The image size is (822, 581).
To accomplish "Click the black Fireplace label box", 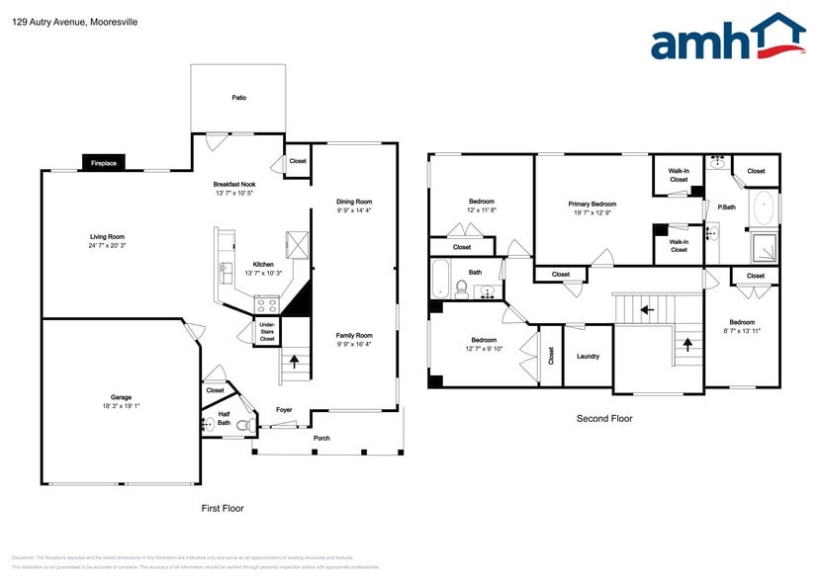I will [104, 163].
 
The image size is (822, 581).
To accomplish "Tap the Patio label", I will [238, 98].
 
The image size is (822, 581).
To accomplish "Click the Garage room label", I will [121, 397].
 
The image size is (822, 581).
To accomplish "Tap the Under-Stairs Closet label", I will [267, 332].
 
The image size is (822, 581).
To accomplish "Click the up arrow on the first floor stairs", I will [293, 363].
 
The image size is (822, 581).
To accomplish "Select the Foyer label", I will [284, 409].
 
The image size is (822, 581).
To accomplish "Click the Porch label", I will [321, 438].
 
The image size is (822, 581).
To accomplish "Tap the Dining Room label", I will [353, 202].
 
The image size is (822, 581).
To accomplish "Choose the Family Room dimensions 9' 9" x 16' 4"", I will [353, 344].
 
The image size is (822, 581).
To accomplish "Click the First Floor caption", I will [222, 508].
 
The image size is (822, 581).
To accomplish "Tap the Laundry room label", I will [588, 357].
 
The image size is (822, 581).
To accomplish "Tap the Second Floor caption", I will [604, 418].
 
